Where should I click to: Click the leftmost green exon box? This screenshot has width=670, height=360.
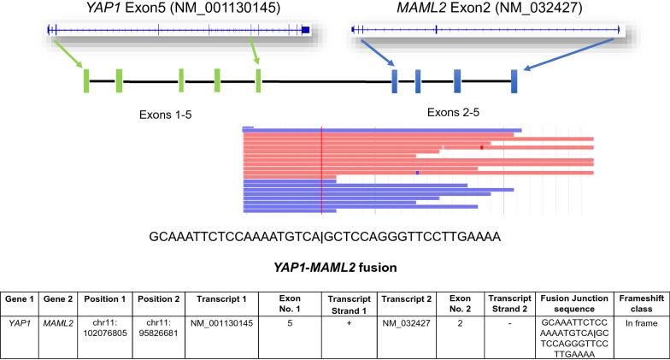click(86, 80)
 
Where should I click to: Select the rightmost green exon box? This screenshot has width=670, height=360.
click(258, 80)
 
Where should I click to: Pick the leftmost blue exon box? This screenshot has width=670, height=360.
click(394, 80)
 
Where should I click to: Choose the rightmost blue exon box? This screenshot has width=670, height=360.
click(514, 80)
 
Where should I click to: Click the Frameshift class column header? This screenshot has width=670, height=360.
click(641, 299)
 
